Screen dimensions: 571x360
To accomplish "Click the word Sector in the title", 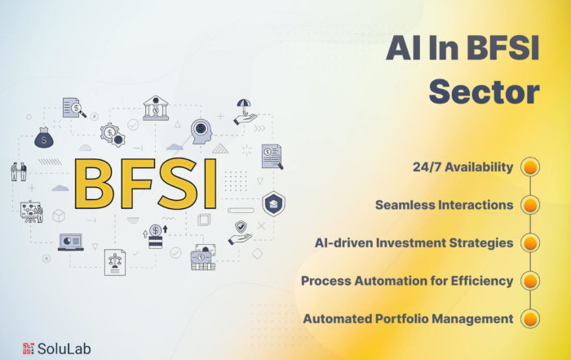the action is pyautogui.click(x=484, y=91).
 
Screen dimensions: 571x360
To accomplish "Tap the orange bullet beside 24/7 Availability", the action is pyautogui.click(x=530, y=167).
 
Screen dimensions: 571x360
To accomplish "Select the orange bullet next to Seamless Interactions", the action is pyautogui.click(x=530, y=205).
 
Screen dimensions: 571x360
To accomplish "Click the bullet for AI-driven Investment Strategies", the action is pyautogui.click(x=530, y=243).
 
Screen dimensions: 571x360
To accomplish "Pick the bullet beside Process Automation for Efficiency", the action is pyautogui.click(x=530, y=281).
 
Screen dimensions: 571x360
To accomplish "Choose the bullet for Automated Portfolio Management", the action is pyautogui.click(x=530, y=319).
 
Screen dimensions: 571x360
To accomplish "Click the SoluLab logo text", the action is pyautogui.click(x=64, y=349).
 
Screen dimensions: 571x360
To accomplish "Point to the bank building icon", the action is pyautogui.click(x=156, y=109).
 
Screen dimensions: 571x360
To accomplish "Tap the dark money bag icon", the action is pyautogui.click(x=44, y=137).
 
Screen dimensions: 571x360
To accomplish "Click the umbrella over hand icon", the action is pyautogui.click(x=245, y=112).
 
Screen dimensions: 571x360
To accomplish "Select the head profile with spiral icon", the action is pyautogui.click(x=201, y=131).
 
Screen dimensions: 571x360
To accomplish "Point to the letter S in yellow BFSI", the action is pyautogui.click(x=180, y=184).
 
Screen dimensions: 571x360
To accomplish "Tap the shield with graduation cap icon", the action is pyautogui.click(x=273, y=204).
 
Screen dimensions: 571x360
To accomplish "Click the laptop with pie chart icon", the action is pyautogui.click(x=71, y=242).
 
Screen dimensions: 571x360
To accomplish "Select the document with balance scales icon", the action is pyautogui.click(x=115, y=262).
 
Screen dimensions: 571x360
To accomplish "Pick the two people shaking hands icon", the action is pyautogui.click(x=19, y=171).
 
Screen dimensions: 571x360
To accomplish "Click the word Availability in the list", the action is pyautogui.click(x=479, y=167).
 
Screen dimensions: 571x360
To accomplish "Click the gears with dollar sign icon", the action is pyautogui.click(x=113, y=135).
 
